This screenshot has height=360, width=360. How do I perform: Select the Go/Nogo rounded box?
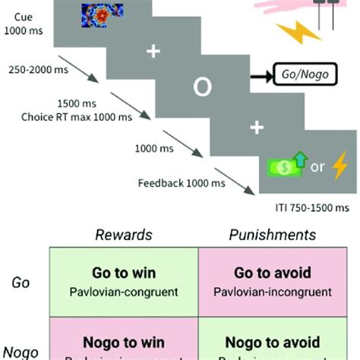[x=303, y=77]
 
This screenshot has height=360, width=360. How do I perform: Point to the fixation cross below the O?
[x=256, y=128]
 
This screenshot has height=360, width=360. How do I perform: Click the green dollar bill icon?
[x=279, y=167]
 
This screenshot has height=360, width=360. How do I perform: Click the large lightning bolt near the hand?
[x=295, y=33]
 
